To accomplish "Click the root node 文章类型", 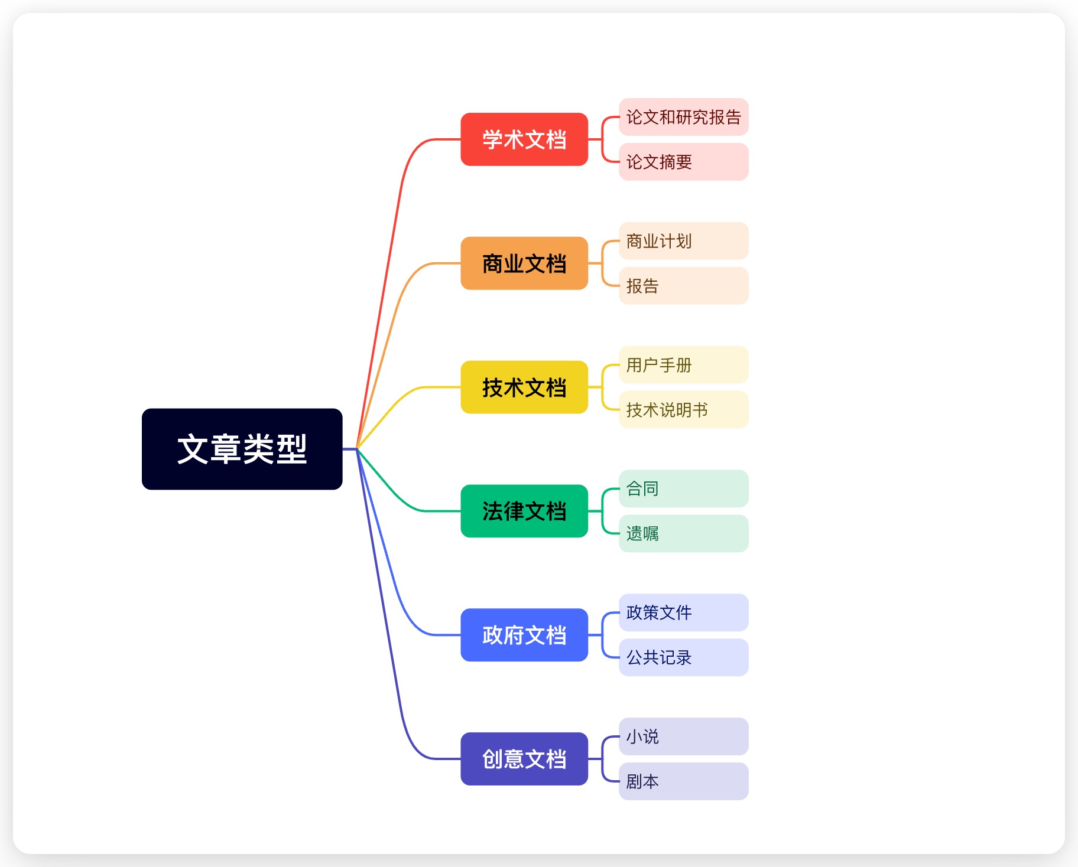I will click(x=242, y=449).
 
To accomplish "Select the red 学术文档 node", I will click(x=524, y=139).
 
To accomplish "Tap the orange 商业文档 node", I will click(x=524, y=263).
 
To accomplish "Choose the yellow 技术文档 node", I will click(x=524, y=387).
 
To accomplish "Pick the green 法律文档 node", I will click(x=524, y=511).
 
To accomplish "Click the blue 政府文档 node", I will click(x=524, y=635).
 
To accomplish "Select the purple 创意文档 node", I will click(x=524, y=759).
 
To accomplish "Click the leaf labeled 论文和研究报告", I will click(x=683, y=117).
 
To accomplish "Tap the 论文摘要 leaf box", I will click(x=683, y=162).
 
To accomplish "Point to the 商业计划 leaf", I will click(x=683, y=241).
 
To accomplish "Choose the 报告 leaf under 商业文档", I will click(x=683, y=286).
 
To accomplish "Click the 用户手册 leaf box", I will click(x=683, y=365).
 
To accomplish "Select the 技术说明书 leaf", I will click(x=683, y=410).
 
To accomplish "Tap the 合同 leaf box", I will click(x=683, y=488).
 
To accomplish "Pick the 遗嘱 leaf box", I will click(x=683, y=533).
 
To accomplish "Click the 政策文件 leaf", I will click(x=683, y=612).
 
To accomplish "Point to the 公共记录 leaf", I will click(x=683, y=657).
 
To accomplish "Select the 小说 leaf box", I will click(x=683, y=736).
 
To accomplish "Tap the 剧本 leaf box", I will click(x=683, y=781).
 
